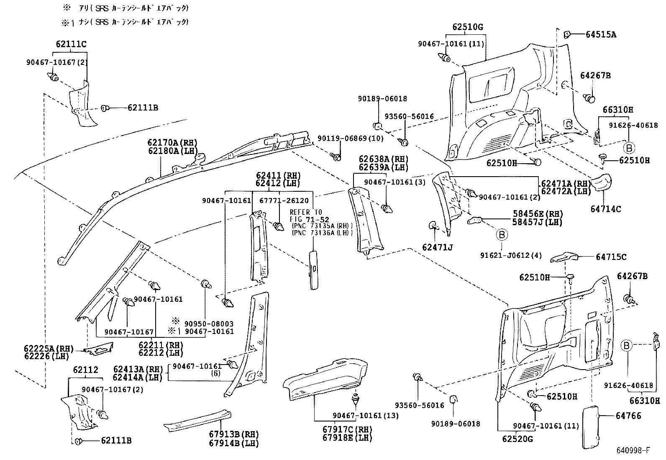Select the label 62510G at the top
pyautogui.click(x=467, y=28)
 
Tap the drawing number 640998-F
pyautogui.click(x=633, y=450)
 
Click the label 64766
pyautogui.click(x=628, y=416)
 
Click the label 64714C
pyautogui.click(x=605, y=209)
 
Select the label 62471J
pyautogui.click(x=437, y=247)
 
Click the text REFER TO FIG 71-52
pyautogui.click(x=309, y=216)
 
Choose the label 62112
pyautogui.click(x=85, y=370)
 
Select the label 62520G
pyautogui.click(x=518, y=439)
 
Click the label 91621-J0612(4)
pyautogui.click(x=514, y=255)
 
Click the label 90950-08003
pyautogui.click(x=209, y=324)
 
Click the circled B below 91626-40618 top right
pyautogui.click(x=629, y=147)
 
